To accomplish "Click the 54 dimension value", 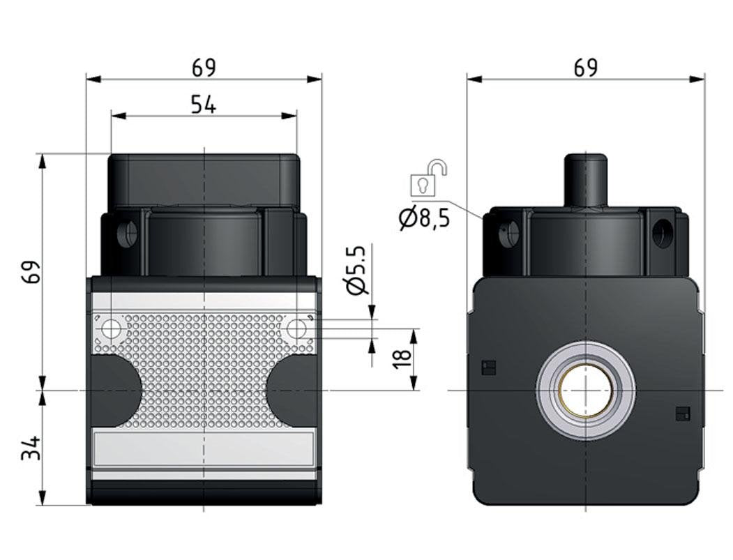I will [204, 105].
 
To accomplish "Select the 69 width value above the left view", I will [204, 68].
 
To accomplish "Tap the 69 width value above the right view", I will [585, 68].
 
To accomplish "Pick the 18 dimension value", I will [402, 360].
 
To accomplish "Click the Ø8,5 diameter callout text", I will [424, 218].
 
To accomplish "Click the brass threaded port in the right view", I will [585, 391].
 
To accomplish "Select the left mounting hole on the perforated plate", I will [112, 328].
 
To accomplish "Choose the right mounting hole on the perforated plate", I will [296, 328].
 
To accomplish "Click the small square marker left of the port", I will [489, 368].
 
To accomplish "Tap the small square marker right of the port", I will [682, 414].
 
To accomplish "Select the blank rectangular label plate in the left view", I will [204, 449].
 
